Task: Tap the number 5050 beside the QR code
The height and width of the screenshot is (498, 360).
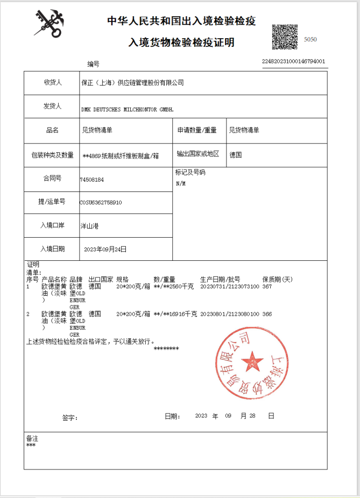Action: pyautogui.click(x=310, y=39)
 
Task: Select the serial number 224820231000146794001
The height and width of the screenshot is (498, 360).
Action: pyautogui.click(x=294, y=61)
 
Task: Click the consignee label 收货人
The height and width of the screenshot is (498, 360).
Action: pyautogui.click(x=52, y=82)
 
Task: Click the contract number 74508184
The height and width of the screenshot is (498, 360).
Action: pyautogui.click(x=91, y=179)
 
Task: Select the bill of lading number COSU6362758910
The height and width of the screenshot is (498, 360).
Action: pyautogui.click(x=101, y=203)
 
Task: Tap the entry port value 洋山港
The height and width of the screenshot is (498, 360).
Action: pyautogui.click(x=89, y=226)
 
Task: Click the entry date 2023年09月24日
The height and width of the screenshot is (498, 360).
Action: pyautogui.click(x=105, y=249)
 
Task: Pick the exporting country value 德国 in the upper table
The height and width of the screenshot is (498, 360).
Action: pyautogui.click(x=235, y=154)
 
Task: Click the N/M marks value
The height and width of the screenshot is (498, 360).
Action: pyautogui.click(x=180, y=183)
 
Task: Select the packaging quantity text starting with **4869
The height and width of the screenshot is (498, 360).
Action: pyautogui.click(x=121, y=155)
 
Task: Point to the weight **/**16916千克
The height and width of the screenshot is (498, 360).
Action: pyautogui.click(x=175, y=314)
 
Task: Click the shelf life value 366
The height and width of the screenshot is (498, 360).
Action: pyautogui.click(x=267, y=314)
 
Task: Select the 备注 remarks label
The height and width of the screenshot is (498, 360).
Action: pyautogui.click(x=32, y=438)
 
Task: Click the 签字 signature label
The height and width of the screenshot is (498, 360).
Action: pyautogui.click(x=70, y=418)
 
